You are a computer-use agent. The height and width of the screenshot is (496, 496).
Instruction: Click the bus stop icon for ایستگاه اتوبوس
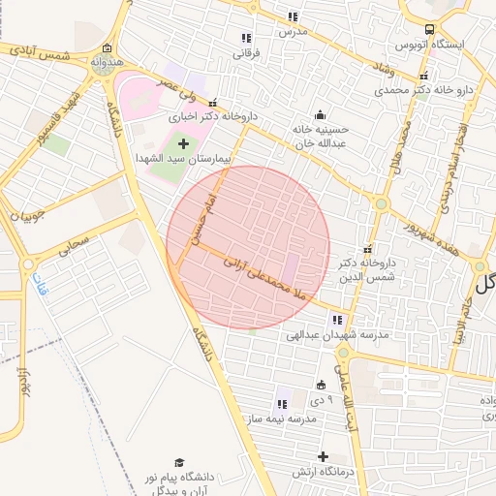(x=429, y=29)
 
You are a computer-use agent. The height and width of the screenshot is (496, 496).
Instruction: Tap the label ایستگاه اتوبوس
(x=431, y=45)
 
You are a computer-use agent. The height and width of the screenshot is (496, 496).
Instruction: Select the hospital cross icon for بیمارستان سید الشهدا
(x=183, y=144)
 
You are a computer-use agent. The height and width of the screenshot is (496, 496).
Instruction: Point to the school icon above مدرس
(x=293, y=16)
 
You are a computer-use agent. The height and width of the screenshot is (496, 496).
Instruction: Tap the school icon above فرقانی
(x=246, y=38)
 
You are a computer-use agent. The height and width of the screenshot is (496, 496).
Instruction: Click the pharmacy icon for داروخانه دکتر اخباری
(x=211, y=104)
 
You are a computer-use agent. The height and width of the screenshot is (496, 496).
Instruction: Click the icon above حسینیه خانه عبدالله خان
(x=321, y=114)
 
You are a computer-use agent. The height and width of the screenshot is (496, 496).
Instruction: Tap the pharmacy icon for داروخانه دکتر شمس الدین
(x=365, y=249)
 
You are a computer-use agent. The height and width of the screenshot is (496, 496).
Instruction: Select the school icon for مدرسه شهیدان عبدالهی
(x=337, y=319)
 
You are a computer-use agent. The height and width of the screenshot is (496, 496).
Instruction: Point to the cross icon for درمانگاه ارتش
(x=323, y=456)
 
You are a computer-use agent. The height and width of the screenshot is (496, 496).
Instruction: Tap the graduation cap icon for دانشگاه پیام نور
(x=179, y=463)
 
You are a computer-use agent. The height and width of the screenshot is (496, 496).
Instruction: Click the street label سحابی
(x=74, y=242)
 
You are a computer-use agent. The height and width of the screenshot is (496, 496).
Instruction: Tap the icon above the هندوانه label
(x=107, y=48)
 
